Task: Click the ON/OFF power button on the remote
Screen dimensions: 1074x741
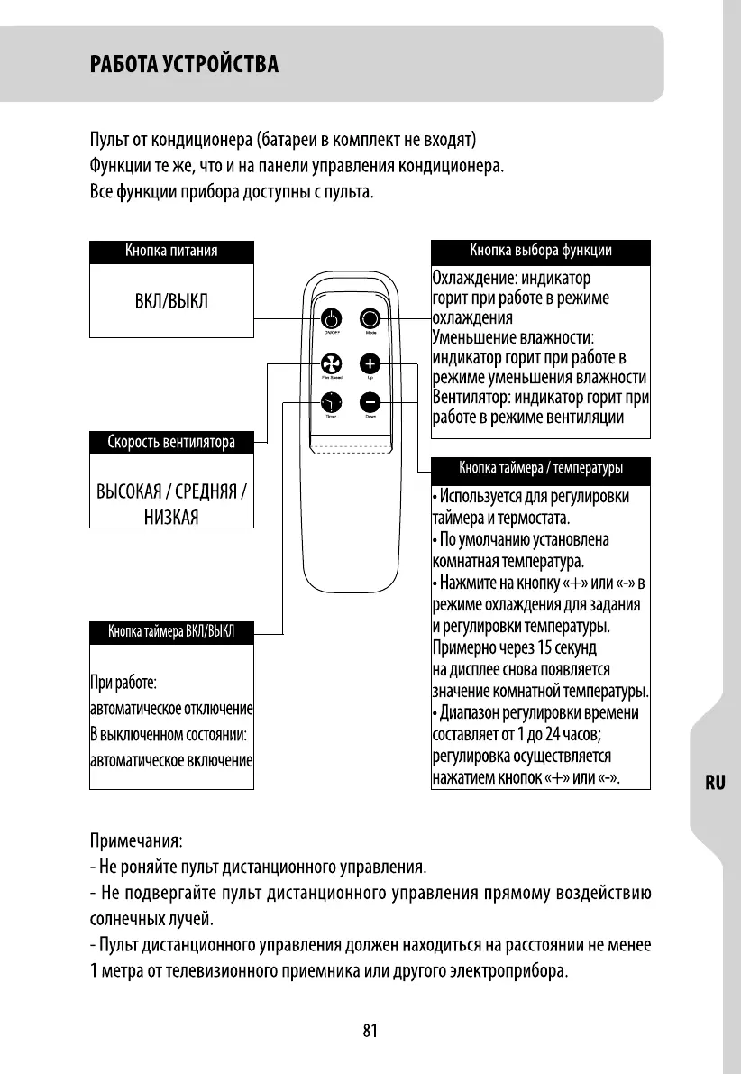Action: click(331, 319)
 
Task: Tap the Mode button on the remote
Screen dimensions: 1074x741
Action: click(370, 319)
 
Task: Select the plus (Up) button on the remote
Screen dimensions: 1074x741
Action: click(370, 363)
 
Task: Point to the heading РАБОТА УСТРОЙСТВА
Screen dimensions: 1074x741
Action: click(184, 65)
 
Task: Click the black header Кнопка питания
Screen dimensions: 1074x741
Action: click(171, 252)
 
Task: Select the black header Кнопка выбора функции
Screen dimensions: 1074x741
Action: click(540, 252)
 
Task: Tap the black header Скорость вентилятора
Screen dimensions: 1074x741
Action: click(171, 442)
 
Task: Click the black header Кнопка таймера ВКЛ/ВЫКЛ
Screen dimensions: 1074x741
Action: click(171, 631)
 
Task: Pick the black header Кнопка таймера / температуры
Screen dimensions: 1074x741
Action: click(540, 468)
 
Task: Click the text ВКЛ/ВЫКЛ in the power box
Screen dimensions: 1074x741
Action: click(171, 300)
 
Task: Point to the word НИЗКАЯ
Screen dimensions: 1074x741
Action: click(171, 516)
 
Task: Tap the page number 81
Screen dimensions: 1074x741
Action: click(370, 1032)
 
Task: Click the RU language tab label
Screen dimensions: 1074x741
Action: click(715, 783)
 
